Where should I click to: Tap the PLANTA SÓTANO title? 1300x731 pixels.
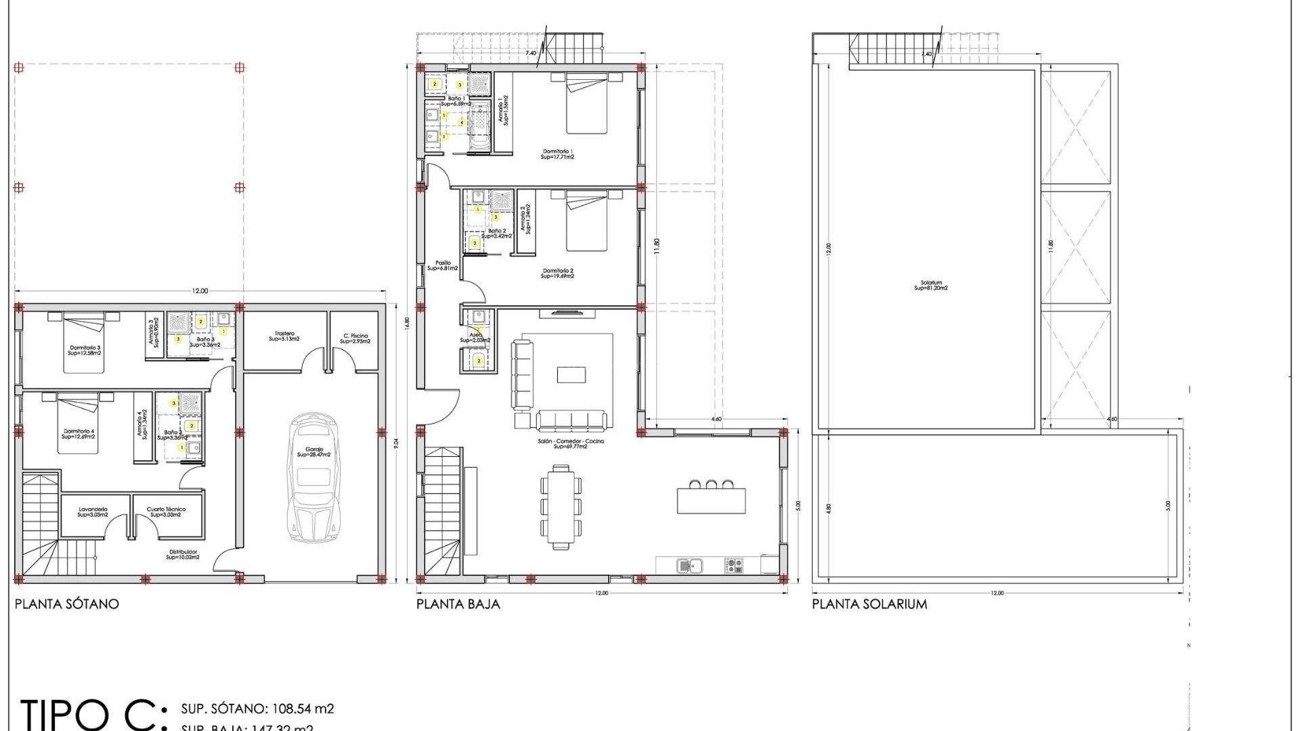[67, 604]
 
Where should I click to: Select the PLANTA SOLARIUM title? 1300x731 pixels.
[869, 604]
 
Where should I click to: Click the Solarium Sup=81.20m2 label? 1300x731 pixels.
[931, 286]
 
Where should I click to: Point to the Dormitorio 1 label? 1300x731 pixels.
[557, 154]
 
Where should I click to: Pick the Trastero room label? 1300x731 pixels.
[284, 336]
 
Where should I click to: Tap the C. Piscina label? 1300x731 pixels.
[355, 338]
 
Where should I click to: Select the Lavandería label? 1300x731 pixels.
[93, 512]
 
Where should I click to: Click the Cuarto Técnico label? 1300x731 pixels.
[166, 512]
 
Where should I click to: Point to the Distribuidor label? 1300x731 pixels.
[183, 554]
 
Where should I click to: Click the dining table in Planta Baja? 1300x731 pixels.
[561, 506]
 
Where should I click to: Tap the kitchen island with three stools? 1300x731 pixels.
[711, 500]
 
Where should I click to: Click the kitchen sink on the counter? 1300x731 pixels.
[690, 564]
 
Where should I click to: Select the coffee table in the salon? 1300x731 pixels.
[571, 374]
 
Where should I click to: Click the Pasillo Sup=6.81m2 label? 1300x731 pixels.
[443, 265]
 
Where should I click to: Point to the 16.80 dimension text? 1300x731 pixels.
[407, 324]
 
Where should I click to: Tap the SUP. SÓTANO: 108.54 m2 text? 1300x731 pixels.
[257, 709]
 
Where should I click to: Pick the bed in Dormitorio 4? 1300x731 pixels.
[79, 424]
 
